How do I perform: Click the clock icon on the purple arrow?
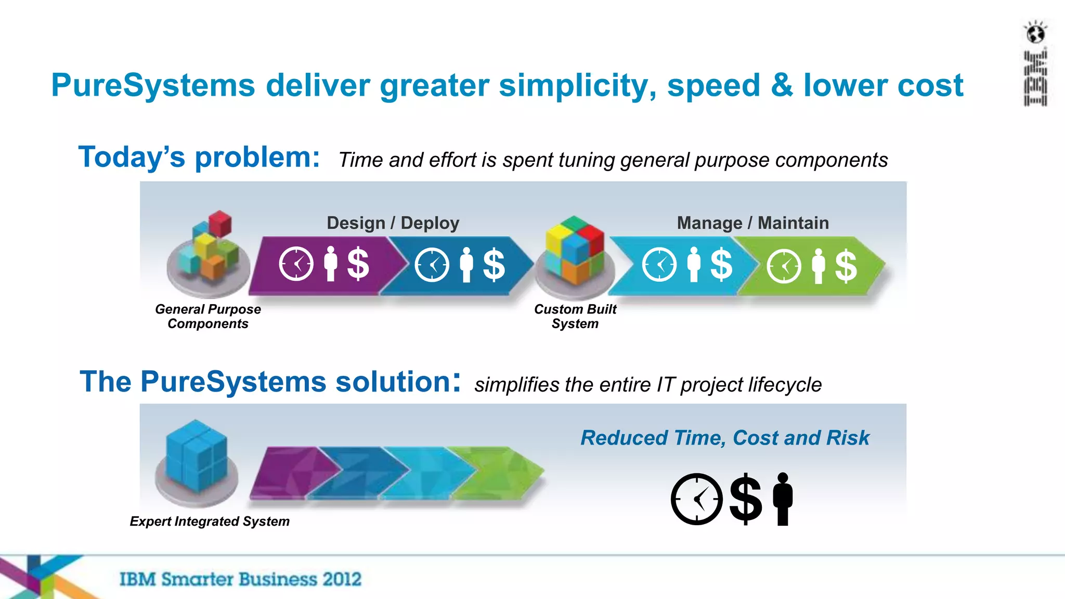[x=296, y=264]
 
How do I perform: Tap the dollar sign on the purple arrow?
[x=358, y=264]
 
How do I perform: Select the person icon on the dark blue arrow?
[x=466, y=265]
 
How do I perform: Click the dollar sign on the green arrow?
[x=846, y=265]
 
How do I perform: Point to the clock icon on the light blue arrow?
[x=659, y=265]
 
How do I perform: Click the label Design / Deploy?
[x=393, y=223]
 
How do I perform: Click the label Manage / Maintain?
[x=752, y=223]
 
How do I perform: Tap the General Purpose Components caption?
[x=208, y=316]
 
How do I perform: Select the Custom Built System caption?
[x=575, y=316]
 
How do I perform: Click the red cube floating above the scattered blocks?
[x=220, y=223]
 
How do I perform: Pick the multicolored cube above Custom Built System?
[x=575, y=250]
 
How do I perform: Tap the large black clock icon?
[x=696, y=499]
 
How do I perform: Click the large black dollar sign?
[x=745, y=499]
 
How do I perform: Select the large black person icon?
[x=783, y=499]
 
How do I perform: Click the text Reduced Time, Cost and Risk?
[x=724, y=438]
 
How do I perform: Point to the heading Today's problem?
[x=199, y=157]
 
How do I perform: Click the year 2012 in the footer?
[x=341, y=579]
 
